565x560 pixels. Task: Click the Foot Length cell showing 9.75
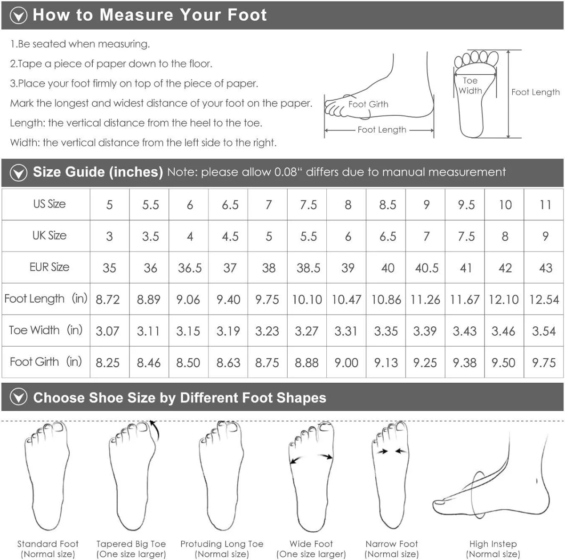[267, 300]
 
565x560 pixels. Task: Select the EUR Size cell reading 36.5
[190, 268]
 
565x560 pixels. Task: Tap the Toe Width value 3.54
[544, 331]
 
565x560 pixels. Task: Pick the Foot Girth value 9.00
[346, 363]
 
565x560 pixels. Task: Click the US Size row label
[49, 204]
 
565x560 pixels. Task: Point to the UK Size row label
[49, 236]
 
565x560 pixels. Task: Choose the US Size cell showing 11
[545, 205]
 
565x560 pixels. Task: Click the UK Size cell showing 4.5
[230, 237]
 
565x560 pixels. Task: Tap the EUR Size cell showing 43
[546, 268]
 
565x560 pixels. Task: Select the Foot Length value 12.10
[504, 300]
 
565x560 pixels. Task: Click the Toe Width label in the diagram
[470, 86]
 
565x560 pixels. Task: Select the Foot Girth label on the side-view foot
[368, 104]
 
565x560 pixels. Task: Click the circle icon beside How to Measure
[18, 15]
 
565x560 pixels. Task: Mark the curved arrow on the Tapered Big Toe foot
[155, 430]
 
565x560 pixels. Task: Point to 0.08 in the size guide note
[286, 172]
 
